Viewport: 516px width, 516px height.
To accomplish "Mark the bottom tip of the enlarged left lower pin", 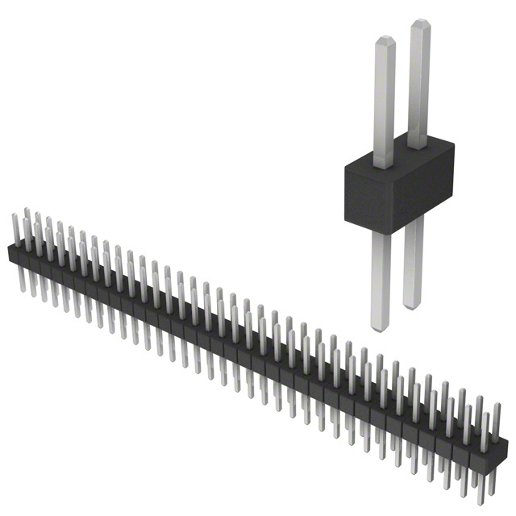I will point(381,327).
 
